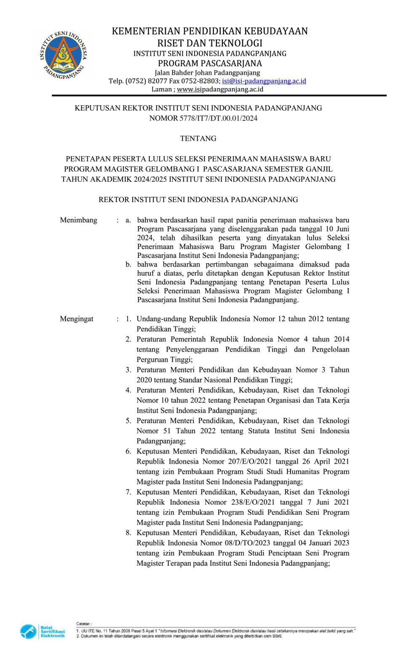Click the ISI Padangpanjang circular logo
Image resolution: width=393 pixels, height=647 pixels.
click(x=64, y=55)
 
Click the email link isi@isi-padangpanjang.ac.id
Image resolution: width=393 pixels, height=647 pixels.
click(x=264, y=81)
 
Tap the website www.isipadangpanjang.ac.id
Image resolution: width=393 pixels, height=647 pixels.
click(x=220, y=89)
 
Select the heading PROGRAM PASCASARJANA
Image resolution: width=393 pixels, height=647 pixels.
click(x=210, y=64)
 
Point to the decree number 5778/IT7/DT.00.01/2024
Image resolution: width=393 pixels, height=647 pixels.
click(x=218, y=118)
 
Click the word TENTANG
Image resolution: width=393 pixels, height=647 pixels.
click(x=198, y=139)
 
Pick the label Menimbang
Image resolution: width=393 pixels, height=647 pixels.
click(x=78, y=220)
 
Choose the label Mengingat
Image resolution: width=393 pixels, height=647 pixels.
click(x=76, y=319)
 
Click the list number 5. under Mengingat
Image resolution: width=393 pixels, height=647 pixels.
click(x=128, y=421)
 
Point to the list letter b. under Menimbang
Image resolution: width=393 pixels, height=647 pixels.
click(x=128, y=265)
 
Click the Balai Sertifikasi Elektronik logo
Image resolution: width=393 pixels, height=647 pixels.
click(x=43, y=631)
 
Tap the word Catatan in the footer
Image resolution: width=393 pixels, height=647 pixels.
click(x=83, y=623)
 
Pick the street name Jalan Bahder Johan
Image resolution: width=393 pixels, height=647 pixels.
click(x=183, y=72)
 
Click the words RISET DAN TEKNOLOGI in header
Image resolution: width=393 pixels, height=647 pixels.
click(x=210, y=43)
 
